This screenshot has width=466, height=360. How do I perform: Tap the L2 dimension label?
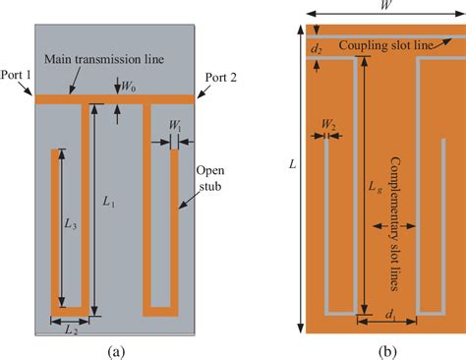pyautogui.click(x=69, y=331)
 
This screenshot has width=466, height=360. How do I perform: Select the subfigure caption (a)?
pyautogui.click(x=116, y=350)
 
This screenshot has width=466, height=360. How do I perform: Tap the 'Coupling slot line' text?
pyautogui.click(x=389, y=47)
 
